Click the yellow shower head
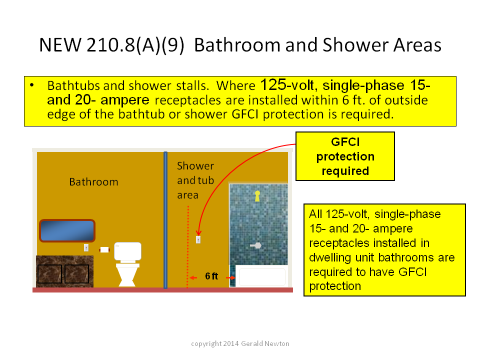click(x=257, y=196)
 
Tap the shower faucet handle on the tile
click(x=255, y=245)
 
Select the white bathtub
click(x=262, y=277)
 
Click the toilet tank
click(x=127, y=251)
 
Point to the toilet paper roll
click(x=104, y=250)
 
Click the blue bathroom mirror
click(x=67, y=230)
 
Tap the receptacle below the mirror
click(x=86, y=247)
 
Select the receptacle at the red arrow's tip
click(x=198, y=239)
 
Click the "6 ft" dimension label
click(x=211, y=276)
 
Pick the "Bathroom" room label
click(x=93, y=182)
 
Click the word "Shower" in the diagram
click(x=195, y=166)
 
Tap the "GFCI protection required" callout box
click(x=345, y=156)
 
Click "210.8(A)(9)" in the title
click(x=135, y=45)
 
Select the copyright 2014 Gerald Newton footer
click(x=240, y=343)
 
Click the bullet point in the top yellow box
click(x=32, y=85)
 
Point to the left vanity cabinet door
click(x=49, y=274)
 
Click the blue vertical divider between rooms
click(x=165, y=220)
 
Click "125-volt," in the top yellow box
click(x=287, y=85)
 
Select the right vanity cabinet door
click(x=76, y=274)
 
